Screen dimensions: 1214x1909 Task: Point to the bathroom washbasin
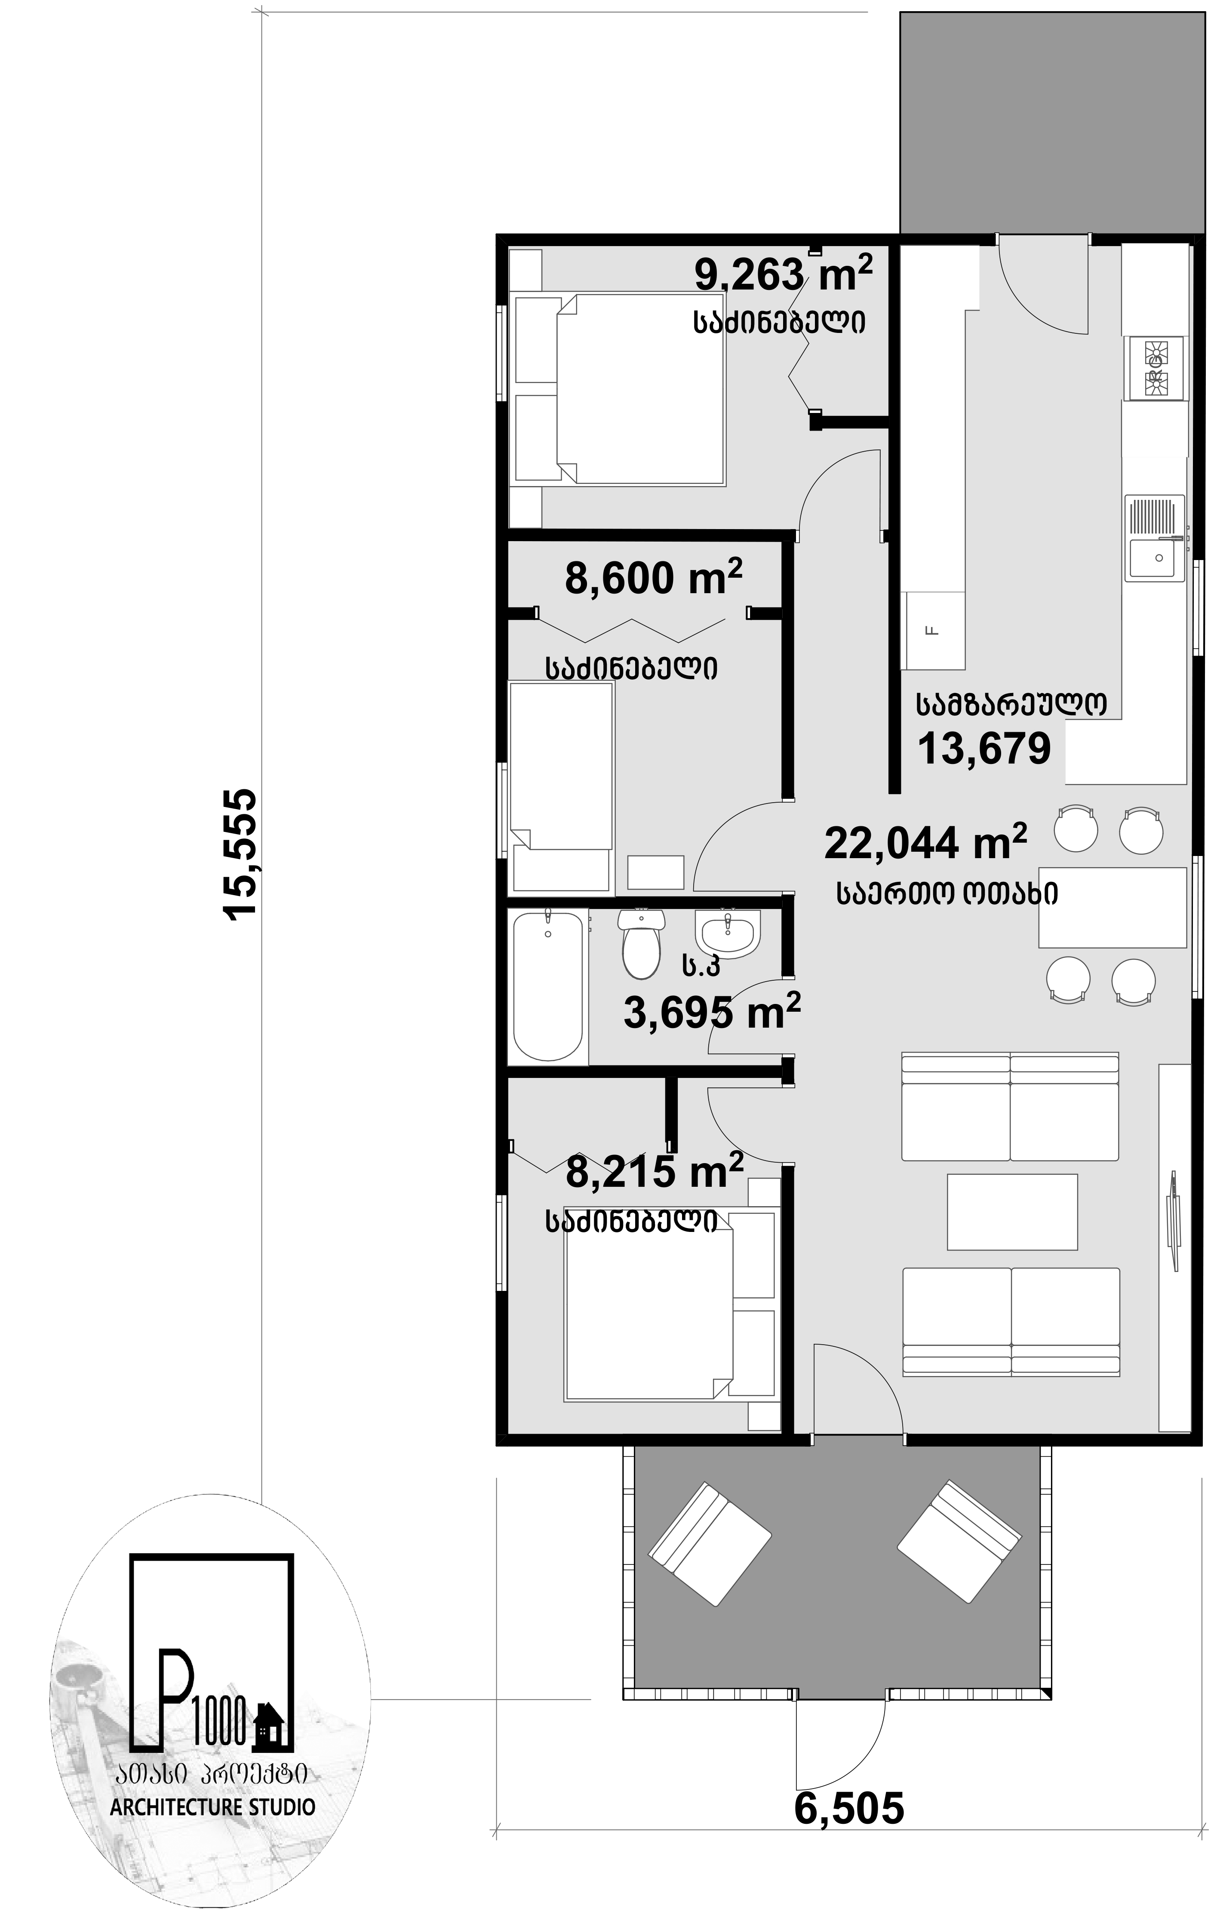[x=728, y=932]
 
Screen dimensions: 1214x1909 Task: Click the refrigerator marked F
[x=935, y=630]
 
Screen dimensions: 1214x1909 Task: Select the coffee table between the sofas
[x=1012, y=1211]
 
